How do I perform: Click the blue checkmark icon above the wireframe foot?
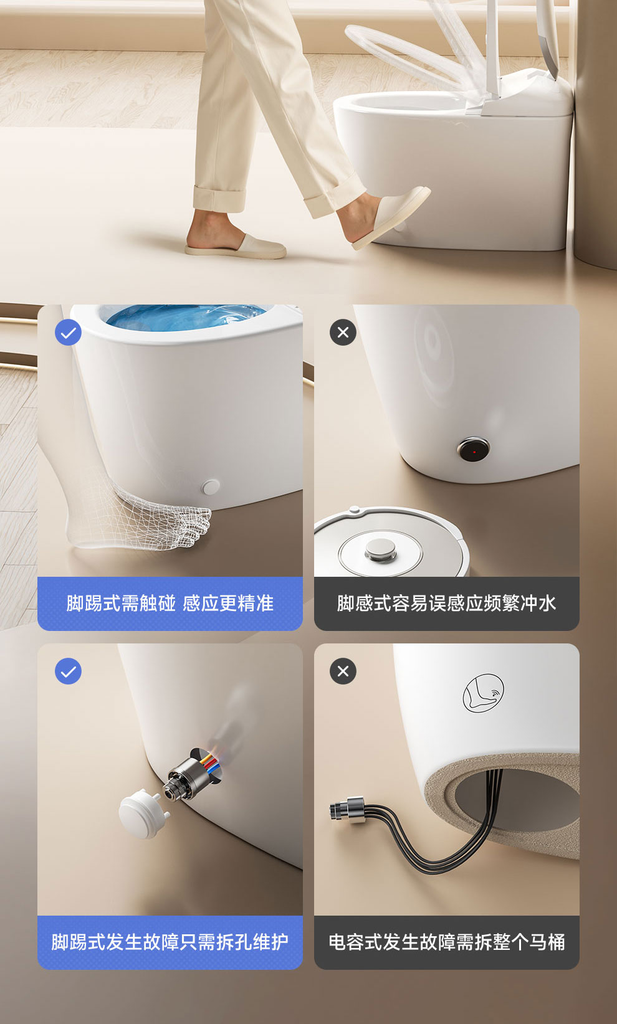[68, 333]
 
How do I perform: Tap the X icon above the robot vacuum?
[343, 333]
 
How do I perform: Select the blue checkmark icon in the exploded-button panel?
[68, 671]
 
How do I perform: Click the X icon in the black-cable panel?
[343, 671]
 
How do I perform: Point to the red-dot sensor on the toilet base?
[474, 450]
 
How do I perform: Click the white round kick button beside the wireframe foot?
[211, 487]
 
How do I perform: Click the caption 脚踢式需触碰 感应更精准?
[170, 604]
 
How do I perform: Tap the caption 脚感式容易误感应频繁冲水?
[446, 604]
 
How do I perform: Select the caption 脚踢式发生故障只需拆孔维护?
[170, 942]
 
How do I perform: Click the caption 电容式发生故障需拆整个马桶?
[446, 942]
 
